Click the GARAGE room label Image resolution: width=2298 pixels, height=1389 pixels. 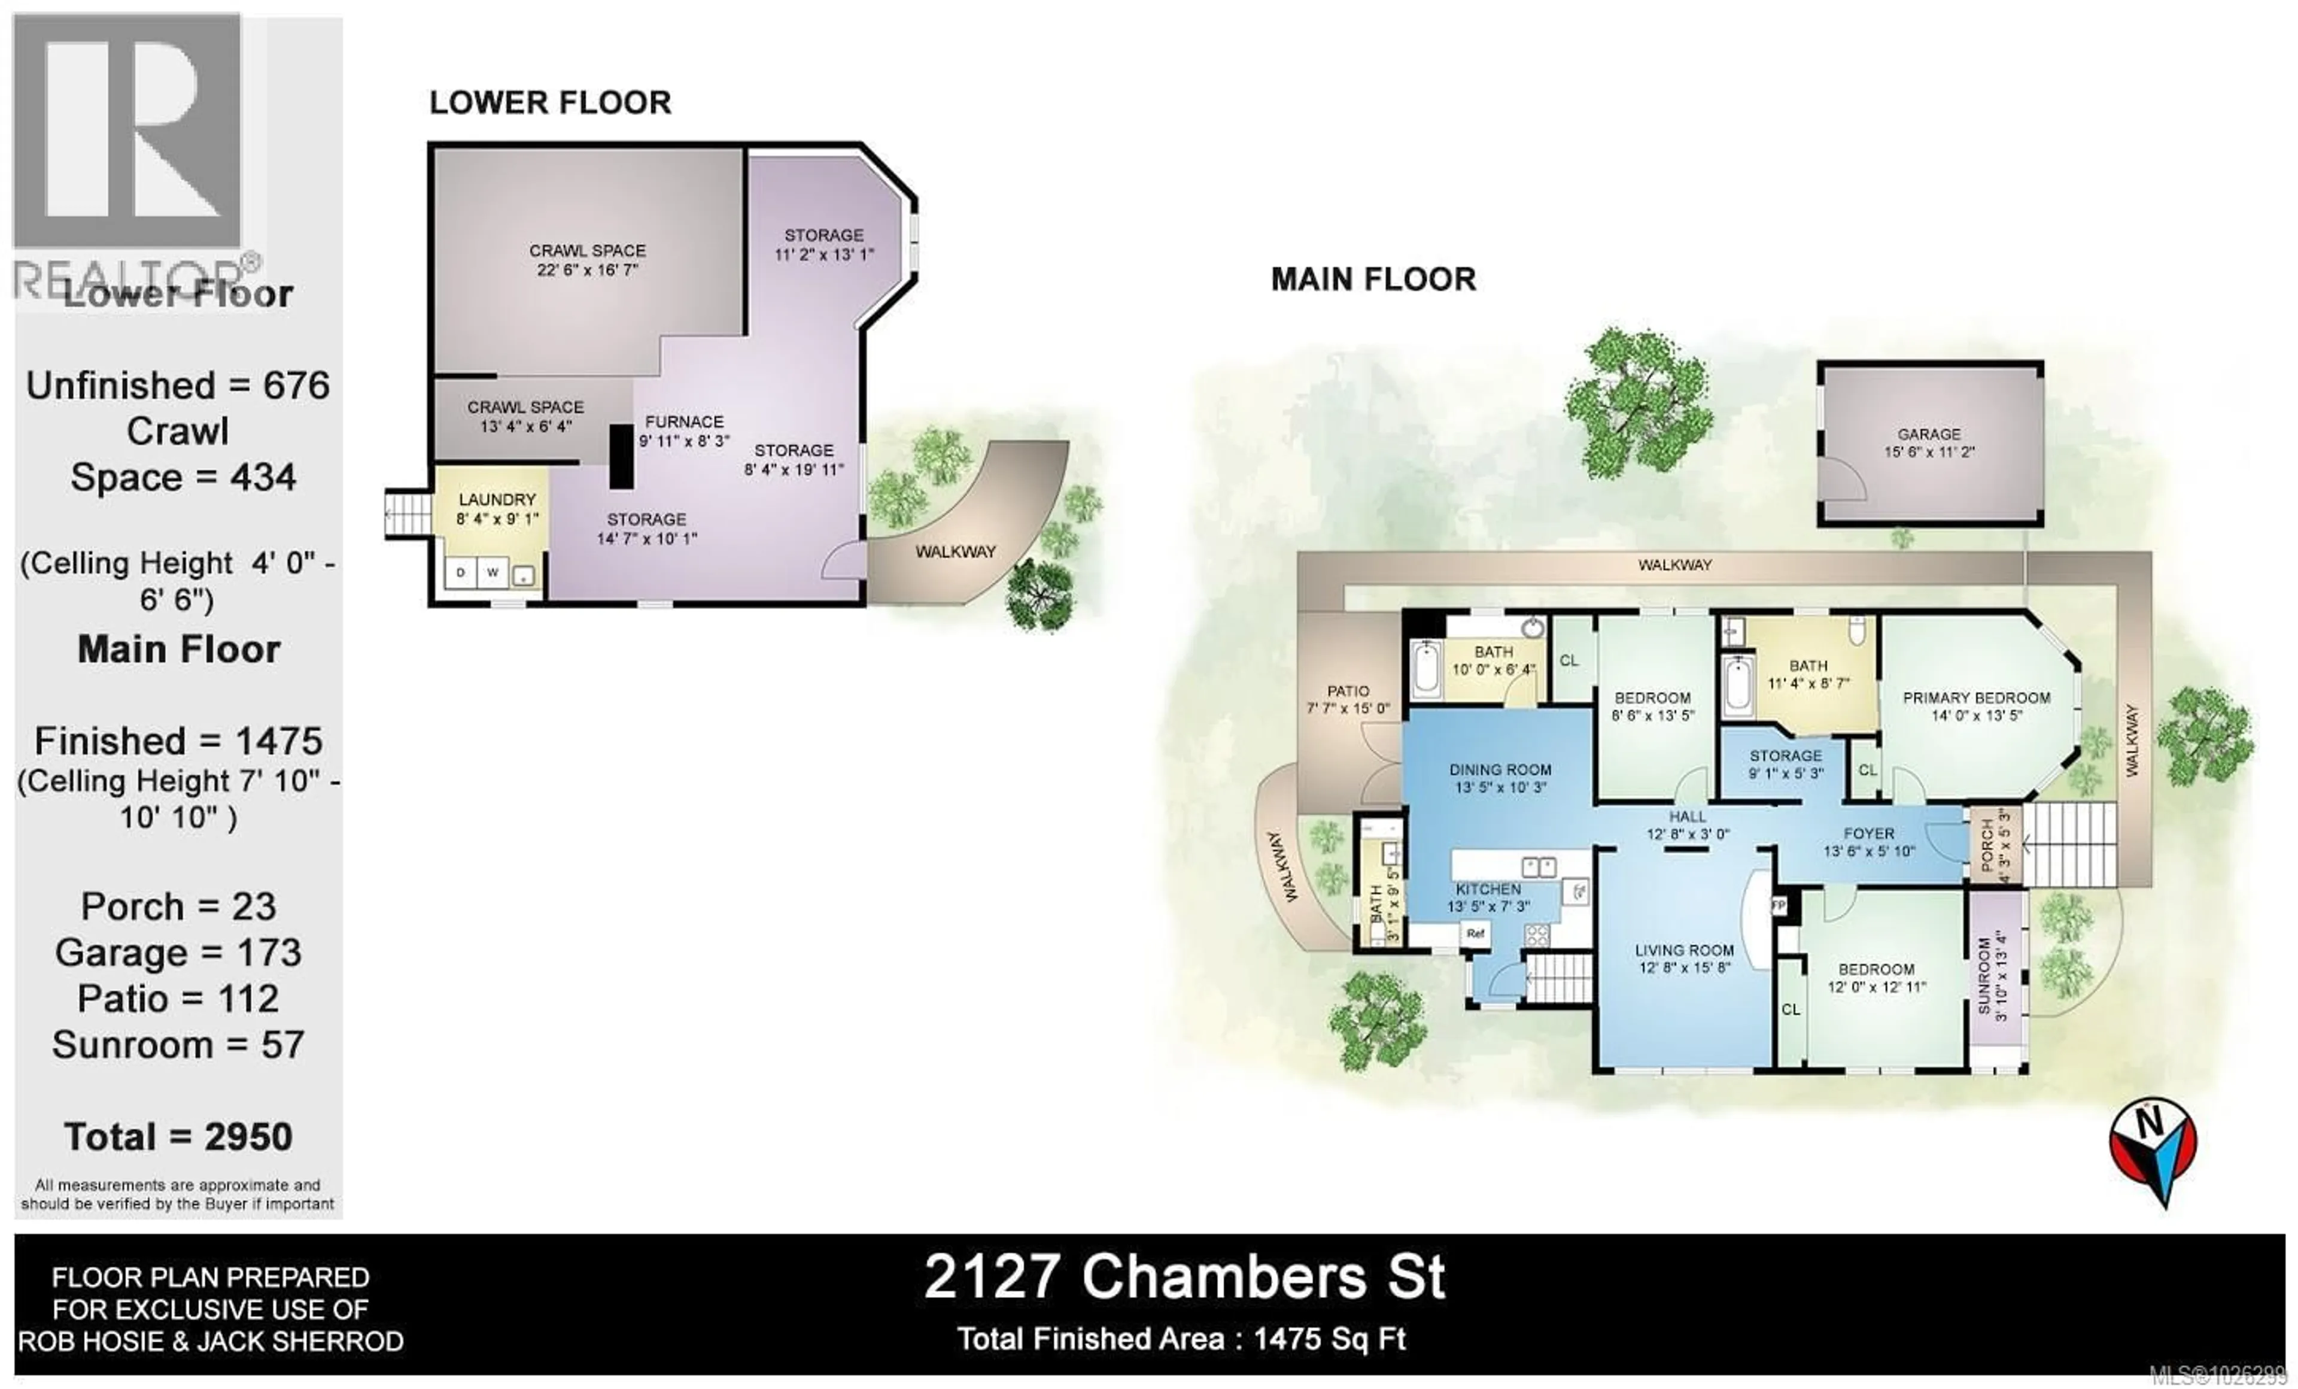pos(1929,435)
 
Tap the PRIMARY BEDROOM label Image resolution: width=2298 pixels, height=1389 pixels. pos(1976,697)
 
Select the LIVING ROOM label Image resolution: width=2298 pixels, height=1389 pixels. pos(1685,951)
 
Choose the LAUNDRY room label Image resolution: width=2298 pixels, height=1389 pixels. pos(497,500)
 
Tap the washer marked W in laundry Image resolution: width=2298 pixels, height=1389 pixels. pos(493,572)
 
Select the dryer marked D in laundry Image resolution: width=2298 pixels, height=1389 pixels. pos(461,572)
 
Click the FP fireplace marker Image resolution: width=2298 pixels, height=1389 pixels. pos(1779,905)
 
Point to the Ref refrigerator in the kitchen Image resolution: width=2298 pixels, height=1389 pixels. pos(1475,933)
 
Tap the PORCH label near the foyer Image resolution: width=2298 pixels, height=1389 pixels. pos(1986,846)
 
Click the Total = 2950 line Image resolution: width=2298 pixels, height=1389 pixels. pos(178,1137)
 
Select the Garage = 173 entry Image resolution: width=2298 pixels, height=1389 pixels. pos(178,953)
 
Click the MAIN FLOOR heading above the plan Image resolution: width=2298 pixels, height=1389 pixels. pos(1373,280)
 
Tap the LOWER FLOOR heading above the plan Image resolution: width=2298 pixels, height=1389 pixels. pos(549,102)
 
